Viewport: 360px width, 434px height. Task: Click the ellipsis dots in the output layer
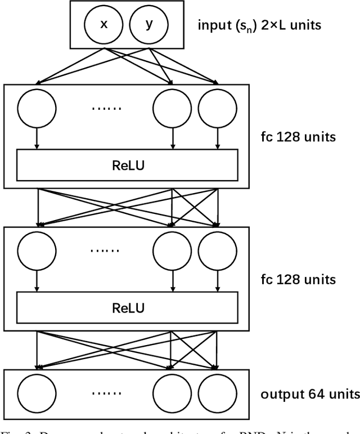click(105, 392)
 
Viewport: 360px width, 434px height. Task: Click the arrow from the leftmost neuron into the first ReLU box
click(37, 138)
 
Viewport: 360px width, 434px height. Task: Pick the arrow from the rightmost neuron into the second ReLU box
click(217, 281)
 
